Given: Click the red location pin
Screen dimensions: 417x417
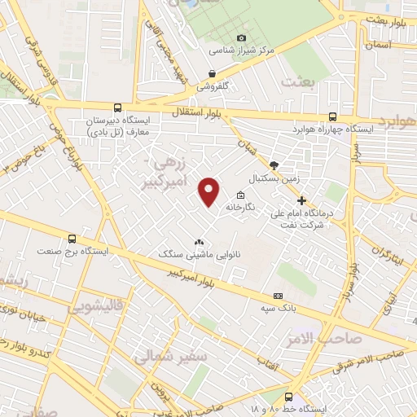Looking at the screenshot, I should click(210, 190).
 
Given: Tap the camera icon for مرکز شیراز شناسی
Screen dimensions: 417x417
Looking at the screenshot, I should click(241, 37).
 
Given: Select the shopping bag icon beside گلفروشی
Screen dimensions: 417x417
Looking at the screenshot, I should click(212, 73).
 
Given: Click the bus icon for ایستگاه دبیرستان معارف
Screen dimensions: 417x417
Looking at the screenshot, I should click(117, 108).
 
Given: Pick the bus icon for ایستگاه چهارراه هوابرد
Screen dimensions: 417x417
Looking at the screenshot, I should click(332, 116).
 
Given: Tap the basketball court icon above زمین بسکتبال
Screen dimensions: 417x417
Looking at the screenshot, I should click(274, 165).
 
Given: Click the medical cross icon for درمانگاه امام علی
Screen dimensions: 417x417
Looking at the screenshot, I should click(301, 200).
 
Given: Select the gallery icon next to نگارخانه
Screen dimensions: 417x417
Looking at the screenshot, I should click(240, 195).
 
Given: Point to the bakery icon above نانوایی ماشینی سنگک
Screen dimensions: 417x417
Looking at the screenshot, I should click(198, 242).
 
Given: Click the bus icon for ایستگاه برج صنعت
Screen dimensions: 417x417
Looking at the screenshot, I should click(72, 239).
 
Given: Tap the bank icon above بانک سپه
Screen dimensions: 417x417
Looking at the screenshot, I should click(279, 295).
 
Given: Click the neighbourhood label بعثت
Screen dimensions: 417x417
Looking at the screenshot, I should click(298, 82).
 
